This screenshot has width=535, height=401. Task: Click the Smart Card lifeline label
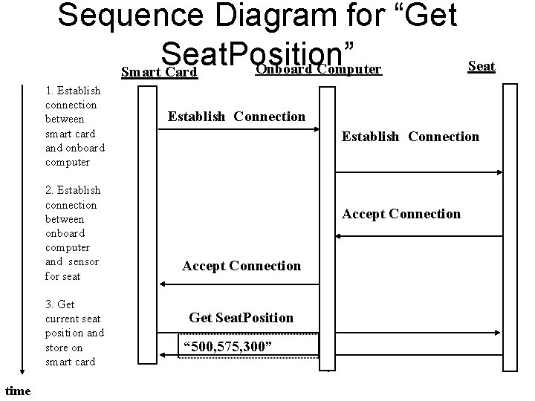158,73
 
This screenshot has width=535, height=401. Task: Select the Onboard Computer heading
317,70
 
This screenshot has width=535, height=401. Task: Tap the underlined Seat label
481,66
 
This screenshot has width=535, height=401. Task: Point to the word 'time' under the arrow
18,391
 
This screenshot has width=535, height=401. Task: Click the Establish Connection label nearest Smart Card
236,116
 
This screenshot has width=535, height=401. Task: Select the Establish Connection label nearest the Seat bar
410,137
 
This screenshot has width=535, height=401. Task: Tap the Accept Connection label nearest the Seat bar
401,214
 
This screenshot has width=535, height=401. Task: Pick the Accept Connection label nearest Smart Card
241,266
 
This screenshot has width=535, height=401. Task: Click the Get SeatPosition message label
241,318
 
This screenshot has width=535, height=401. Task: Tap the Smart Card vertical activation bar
149,223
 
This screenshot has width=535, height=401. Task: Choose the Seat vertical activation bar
510,223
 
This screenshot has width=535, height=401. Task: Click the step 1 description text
74,126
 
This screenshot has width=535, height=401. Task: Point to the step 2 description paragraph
73,233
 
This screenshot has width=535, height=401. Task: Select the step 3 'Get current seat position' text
74,333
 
